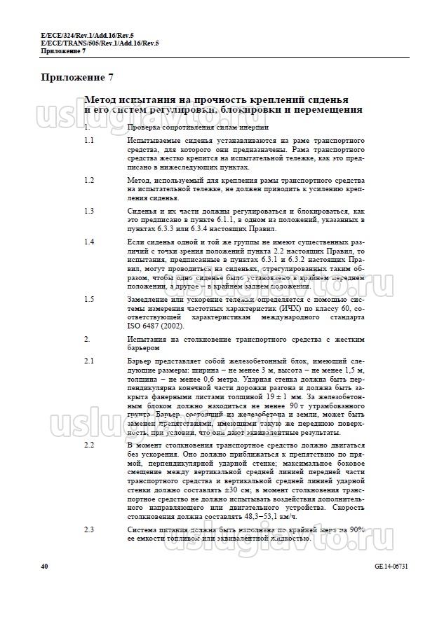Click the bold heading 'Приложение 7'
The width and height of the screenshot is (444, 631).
tap(77, 78)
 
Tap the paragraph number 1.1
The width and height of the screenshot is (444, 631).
tap(89, 141)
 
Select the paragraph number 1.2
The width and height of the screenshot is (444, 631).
tap(89, 181)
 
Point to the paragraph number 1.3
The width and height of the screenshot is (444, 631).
tap(89, 211)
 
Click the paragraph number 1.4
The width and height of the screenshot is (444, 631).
tap(89, 242)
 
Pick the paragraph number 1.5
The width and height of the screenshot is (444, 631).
tap(89, 299)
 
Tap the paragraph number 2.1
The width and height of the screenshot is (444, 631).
tap(89, 360)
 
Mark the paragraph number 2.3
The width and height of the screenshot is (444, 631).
tap(89, 529)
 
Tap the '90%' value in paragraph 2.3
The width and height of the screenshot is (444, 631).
tap(356, 529)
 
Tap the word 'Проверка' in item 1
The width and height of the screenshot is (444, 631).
tap(147, 128)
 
